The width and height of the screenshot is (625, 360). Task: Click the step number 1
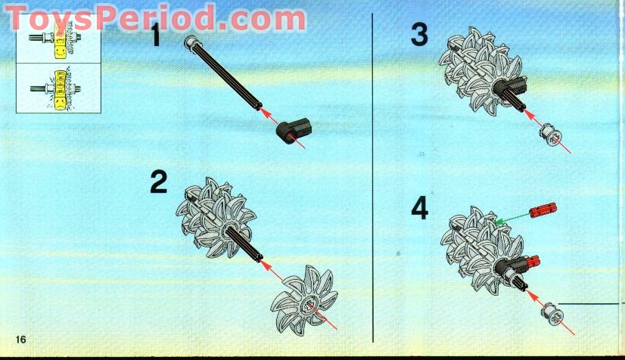pos(156,35)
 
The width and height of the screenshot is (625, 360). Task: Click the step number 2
pos(159,182)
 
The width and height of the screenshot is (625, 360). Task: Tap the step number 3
pos(419,34)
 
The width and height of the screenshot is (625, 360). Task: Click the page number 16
pos(20,340)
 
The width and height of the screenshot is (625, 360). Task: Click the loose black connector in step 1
pos(294,131)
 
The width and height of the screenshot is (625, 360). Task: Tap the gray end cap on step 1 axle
pos(190,41)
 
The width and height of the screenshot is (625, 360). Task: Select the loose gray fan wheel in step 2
pos(304,297)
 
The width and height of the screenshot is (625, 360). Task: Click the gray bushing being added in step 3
pos(550,135)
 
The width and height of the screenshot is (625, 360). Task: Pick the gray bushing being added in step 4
pos(552,314)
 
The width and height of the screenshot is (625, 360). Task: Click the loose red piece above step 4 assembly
pos(543,209)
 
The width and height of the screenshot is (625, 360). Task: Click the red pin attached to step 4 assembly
pos(533,261)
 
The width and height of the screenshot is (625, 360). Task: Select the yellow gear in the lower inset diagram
pos(61,89)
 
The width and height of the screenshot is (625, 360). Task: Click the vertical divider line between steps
pos(373,178)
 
